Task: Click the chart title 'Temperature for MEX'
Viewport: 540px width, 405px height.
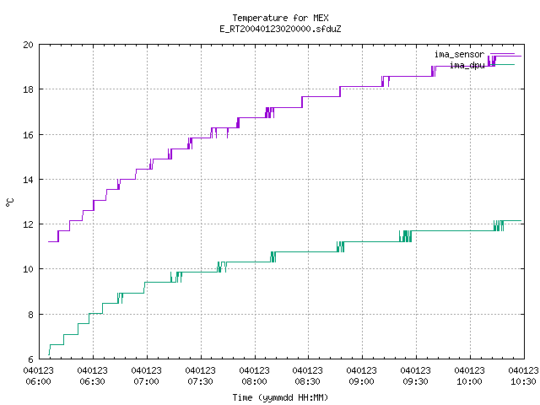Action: (280, 18)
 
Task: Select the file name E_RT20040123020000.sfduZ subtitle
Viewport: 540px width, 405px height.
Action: (280, 29)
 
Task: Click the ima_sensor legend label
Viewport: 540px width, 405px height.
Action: (459, 54)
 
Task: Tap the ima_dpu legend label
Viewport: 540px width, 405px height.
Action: (467, 66)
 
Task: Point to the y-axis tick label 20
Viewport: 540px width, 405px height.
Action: (28, 45)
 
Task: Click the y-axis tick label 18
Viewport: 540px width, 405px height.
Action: (28, 89)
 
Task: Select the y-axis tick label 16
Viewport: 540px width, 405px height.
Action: (28, 135)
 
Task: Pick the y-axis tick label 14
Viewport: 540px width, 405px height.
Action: (28, 180)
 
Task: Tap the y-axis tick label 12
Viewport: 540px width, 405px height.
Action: (28, 224)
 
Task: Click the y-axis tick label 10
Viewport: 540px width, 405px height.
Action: (28, 269)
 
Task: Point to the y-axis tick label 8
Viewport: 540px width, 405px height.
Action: (30, 315)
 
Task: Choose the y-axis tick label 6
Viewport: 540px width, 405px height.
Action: (30, 359)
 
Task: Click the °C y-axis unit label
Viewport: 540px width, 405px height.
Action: (10, 202)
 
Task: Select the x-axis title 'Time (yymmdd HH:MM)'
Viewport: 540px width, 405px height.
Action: (280, 397)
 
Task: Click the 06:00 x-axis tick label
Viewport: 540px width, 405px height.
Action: (38, 381)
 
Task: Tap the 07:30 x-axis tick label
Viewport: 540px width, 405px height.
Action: (200, 381)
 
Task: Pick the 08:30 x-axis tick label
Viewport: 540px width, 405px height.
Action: (307, 381)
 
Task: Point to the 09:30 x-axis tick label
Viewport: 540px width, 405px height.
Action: (415, 381)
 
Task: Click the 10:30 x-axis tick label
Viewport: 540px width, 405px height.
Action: (523, 381)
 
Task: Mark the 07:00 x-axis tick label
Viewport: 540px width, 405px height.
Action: (146, 381)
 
